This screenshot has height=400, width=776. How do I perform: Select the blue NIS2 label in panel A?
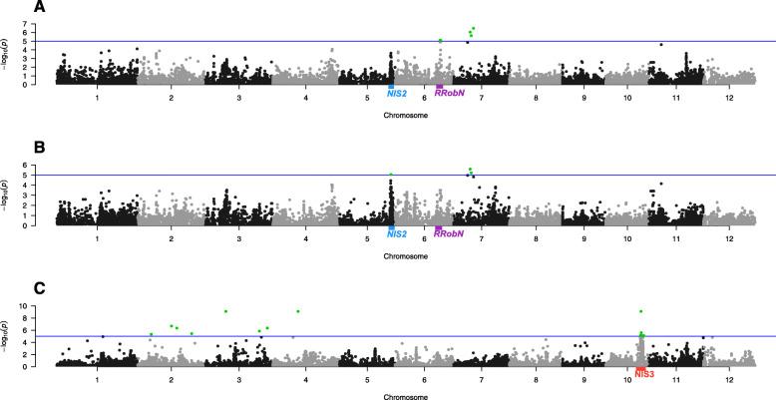397,93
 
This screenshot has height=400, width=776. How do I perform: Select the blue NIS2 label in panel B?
397,233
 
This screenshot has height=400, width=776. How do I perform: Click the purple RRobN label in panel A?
449,93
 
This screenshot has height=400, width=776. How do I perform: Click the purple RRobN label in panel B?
449,233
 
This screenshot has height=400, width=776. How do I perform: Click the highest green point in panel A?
473,28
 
